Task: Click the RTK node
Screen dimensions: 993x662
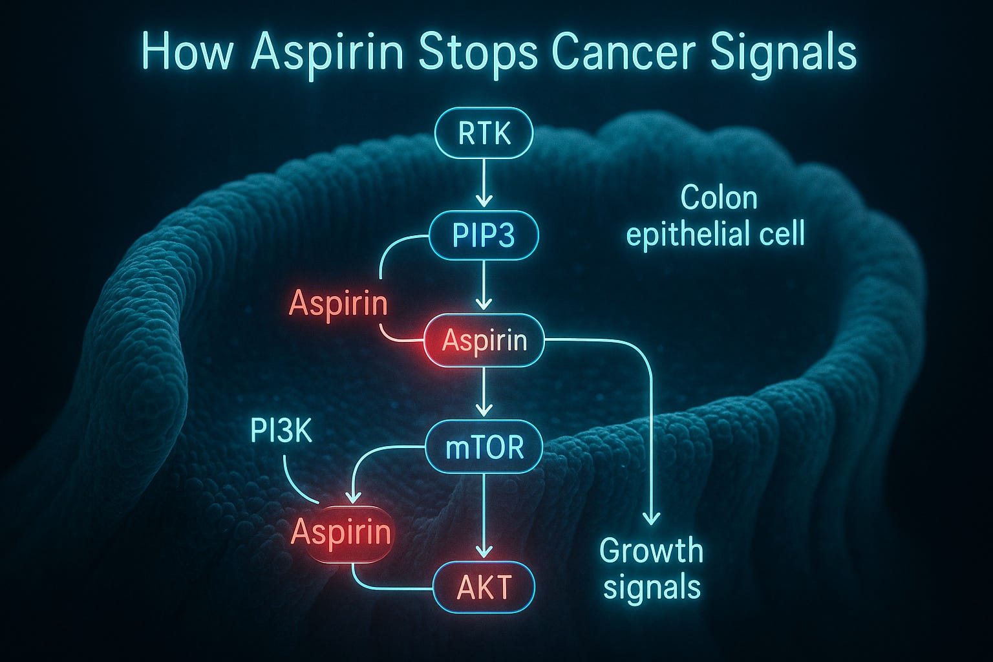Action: tap(484, 134)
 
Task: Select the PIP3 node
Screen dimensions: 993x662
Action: tap(484, 235)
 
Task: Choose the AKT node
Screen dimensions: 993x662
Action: tap(484, 587)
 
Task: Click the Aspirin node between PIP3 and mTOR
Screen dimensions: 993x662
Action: tap(484, 341)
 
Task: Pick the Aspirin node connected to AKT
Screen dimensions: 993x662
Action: tap(341, 533)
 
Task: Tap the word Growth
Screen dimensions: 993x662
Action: tap(650, 551)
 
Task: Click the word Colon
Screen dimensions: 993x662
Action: tap(718, 198)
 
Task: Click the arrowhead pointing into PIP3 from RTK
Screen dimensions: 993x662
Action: tap(484, 198)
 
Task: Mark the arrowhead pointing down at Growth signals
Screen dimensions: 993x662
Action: tap(652, 518)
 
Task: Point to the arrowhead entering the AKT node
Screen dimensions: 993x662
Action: tap(484, 550)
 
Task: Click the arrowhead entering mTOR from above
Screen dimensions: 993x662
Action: tap(484, 410)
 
